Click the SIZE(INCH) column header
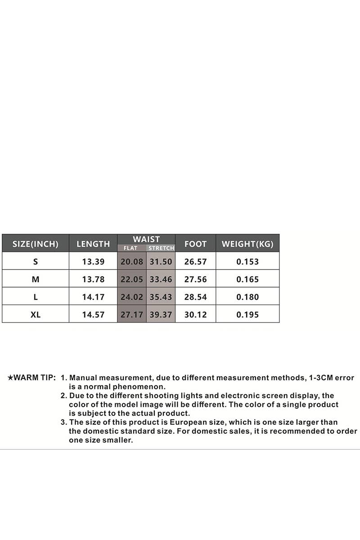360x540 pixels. click(36, 244)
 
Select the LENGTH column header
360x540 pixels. click(93, 244)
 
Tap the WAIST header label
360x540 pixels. click(146, 239)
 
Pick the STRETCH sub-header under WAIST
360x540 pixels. click(161, 248)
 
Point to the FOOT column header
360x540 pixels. click(195, 244)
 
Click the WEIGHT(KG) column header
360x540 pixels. click(247, 244)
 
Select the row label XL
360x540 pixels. click(36, 315)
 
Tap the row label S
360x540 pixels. click(36, 261)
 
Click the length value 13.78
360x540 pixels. click(93, 279)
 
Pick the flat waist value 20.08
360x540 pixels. click(132, 261)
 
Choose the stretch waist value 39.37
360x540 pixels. click(161, 315)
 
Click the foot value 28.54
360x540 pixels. click(195, 297)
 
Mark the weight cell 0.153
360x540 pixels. click(247, 261)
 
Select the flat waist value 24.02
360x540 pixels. click(132, 297)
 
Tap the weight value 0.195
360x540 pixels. click(247, 315)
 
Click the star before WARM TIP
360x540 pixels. click(10, 378)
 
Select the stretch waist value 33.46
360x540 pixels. click(161, 279)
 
